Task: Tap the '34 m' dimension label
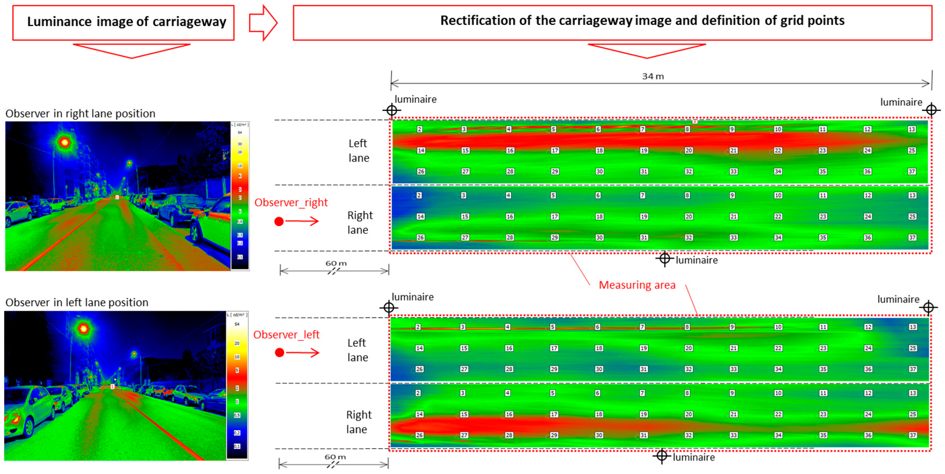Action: (x=653, y=76)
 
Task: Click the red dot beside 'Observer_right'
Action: (x=279, y=221)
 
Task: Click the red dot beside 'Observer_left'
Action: (x=280, y=353)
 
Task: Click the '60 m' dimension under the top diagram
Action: (x=336, y=263)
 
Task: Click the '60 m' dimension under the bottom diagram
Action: (x=335, y=457)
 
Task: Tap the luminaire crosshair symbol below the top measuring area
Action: (x=665, y=259)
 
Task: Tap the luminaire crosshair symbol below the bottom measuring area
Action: (x=662, y=456)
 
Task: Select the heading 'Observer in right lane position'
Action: (x=80, y=114)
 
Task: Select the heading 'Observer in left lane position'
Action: (x=77, y=302)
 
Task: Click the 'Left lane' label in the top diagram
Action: (x=358, y=151)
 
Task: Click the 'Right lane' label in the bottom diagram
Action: (x=358, y=422)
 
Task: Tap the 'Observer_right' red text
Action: (x=291, y=202)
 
